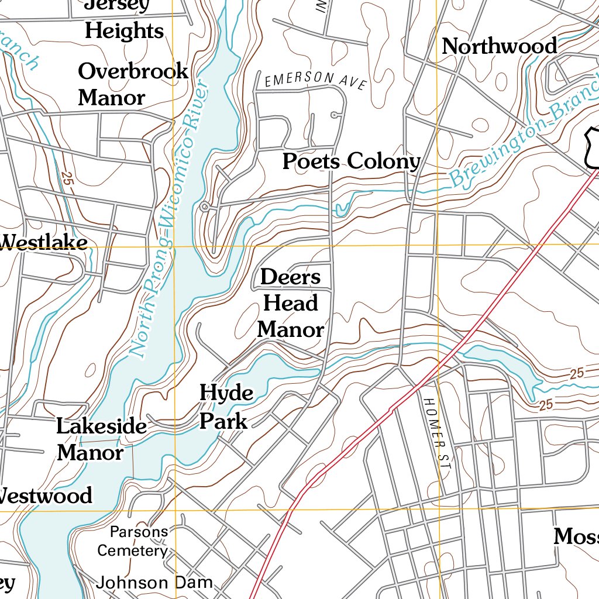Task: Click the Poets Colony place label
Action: (x=351, y=161)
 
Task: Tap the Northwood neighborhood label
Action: (x=500, y=46)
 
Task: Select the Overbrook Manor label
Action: (x=133, y=84)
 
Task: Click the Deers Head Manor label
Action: (x=291, y=303)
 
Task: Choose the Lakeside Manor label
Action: (x=101, y=439)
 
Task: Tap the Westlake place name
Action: (x=44, y=242)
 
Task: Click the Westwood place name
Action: (x=46, y=495)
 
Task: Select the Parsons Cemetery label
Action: (x=133, y=541)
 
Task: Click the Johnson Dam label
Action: (x=154, y=583)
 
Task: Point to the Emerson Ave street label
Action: (x=315, y=81)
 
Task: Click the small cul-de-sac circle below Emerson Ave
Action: (x=333, y=115)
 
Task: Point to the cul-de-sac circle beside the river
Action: (x=205, y=207)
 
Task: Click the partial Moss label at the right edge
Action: (x=576, y=536)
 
